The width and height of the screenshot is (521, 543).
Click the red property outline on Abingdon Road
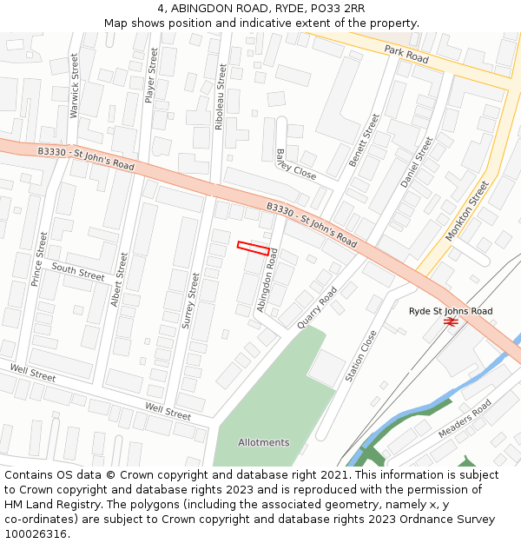pos(253,248)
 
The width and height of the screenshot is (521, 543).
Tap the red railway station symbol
pos(451,322)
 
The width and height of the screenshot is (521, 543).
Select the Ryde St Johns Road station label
pos(451,310)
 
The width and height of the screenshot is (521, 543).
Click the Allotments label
pos(264,442)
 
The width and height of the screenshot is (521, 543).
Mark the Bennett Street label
pos(365,140)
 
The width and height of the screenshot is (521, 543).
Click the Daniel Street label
pos(416,162)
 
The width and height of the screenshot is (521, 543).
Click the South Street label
pos(77,271)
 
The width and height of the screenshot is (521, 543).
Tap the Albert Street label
pos(119,279)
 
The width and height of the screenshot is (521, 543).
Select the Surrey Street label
pos(190,300)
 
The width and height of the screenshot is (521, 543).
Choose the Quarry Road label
pos(316,308)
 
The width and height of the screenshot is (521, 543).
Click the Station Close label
pos(361,355)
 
